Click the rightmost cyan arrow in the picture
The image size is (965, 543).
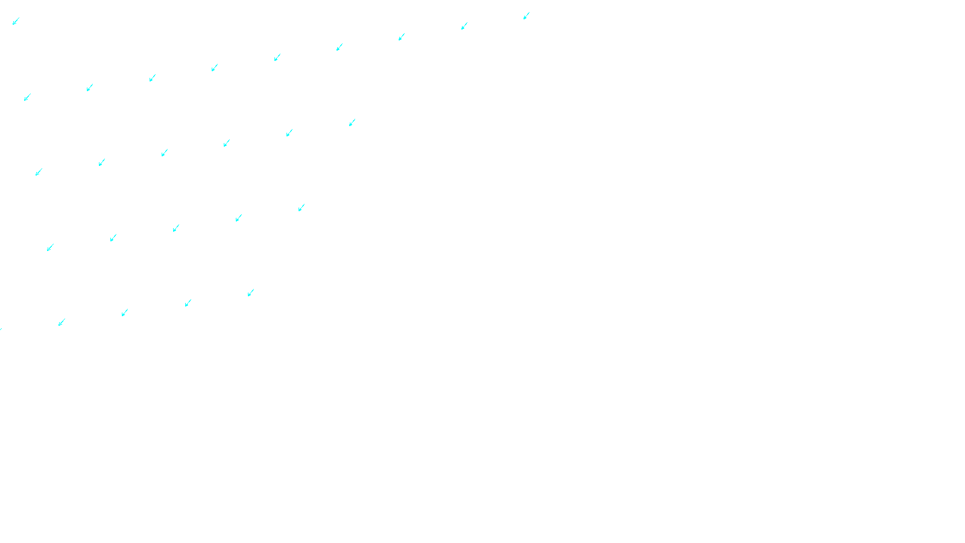coord(527,16)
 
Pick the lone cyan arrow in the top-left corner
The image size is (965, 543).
coord(16,21)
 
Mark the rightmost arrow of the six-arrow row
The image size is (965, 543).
coord(352,122)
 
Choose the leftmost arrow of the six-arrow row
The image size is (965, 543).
coord(39,172)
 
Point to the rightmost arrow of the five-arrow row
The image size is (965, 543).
coord(302,208)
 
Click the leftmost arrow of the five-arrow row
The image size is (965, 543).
coord(50,247)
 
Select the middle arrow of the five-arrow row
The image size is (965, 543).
coord(176,228)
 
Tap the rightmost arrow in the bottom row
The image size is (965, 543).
coord(251,293)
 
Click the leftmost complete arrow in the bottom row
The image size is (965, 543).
coord(62,323)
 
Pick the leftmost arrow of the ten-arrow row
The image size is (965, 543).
coord(27,97)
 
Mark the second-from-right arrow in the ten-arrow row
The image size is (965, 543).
coord(464,26)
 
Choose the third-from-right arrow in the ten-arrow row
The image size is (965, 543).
coord(402,37)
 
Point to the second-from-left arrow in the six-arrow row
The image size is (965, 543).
coord(102,162)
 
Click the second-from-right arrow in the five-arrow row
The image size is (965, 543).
coord(239,218)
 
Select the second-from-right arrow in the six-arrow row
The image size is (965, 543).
coord(289,133)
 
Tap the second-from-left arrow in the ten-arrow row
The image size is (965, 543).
coord(90,87)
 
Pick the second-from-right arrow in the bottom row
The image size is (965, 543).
coord(188,303)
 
